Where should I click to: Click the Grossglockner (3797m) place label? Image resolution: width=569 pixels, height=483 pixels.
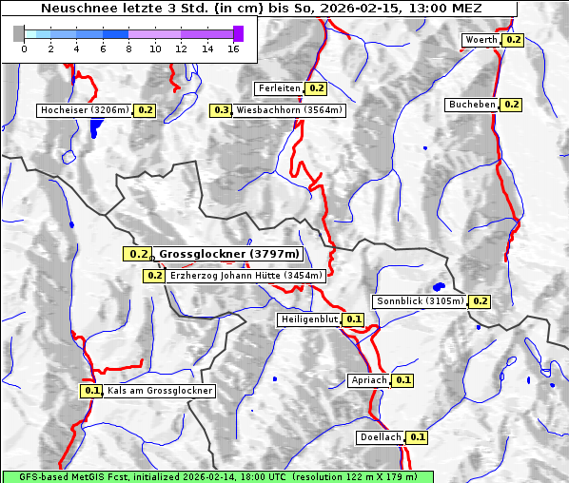pos(228,254)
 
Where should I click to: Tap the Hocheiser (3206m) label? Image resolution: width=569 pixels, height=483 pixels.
pos(85,110)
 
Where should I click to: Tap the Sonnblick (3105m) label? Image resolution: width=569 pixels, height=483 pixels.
pos(420,301)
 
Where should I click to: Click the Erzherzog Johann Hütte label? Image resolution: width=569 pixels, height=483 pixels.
pos(246,276)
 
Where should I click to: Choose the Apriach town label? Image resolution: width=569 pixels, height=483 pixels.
pos(369,380)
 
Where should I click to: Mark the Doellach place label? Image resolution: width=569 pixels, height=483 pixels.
pos(382,437)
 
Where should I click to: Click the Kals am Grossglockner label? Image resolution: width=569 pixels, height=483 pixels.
pos(159,391)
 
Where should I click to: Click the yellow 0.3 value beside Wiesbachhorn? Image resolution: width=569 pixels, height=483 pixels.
pos(222,110)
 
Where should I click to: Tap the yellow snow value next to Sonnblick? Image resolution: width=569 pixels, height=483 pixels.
pos(480,301)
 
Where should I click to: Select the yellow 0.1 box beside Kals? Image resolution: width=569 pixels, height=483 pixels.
pos(92,391)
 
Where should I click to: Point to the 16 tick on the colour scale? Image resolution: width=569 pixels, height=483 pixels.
pos(233,49)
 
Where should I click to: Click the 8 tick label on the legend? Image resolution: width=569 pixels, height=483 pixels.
pos(128,49)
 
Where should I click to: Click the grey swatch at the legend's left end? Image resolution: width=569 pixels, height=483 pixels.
pos(18,34)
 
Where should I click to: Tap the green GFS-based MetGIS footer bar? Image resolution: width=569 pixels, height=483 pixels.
pos(217,476)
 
